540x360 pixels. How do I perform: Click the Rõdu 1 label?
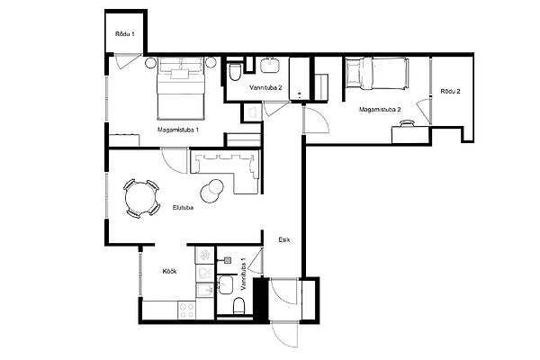coord(125,34)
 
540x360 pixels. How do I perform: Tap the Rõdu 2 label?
coord(451,91)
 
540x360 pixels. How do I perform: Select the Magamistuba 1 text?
coord(178,130)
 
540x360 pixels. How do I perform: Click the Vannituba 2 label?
coord(265,88)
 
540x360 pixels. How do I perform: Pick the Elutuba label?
coord(183,208)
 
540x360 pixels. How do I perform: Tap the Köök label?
coord(170,272)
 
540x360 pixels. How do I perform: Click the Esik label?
coord(284,239)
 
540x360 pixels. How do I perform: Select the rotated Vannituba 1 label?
coord(244,274)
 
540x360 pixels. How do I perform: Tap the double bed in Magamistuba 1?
coord(180,88)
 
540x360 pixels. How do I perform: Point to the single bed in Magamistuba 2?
coord(377,74)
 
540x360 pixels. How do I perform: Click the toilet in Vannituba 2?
coord(235,72)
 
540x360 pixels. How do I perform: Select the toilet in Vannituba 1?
coord(238,305)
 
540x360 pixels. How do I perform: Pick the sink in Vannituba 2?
coord(270,65)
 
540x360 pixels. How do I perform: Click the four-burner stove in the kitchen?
coord(187,310)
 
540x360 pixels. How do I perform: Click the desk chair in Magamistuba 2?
coord(407,123)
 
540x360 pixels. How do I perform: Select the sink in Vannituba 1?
coord(225,285)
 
